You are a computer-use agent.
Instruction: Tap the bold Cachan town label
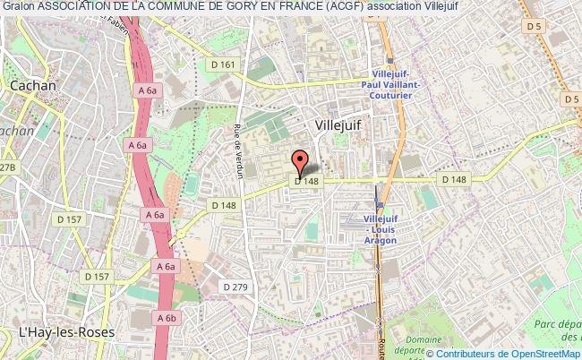32,85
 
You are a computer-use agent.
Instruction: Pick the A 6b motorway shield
165,317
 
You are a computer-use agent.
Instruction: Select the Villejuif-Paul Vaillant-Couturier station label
396,86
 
